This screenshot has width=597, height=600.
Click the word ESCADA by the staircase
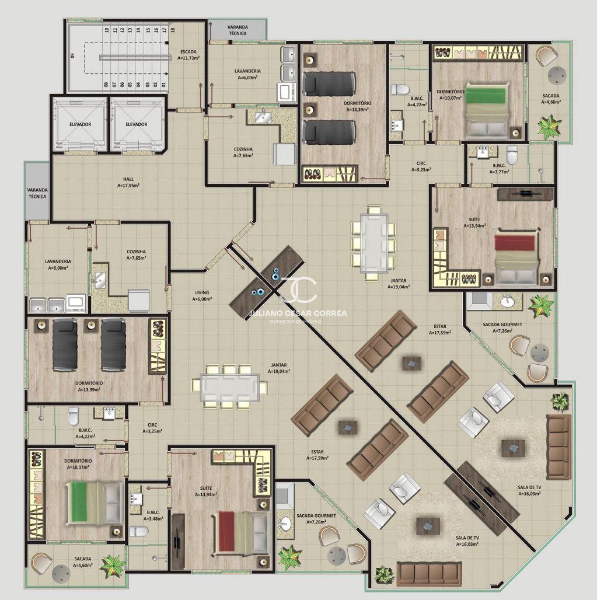(x=188, y=52)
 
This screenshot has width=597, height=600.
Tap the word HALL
(x=128, y=179)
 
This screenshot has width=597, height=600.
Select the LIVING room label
(x=202, y=293)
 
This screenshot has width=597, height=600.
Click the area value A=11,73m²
(x=188, y=58)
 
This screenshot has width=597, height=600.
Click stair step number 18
(x=173, y=29)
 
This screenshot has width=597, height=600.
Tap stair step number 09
(x=73, y=55)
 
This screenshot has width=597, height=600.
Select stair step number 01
(x=164, y=85)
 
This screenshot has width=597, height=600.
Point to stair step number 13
(x=130, y=29)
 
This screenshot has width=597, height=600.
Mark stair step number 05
(x=131, y=85)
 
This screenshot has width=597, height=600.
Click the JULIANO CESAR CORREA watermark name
(x=298, y=313)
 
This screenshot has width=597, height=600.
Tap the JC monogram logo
(x=299, y=289)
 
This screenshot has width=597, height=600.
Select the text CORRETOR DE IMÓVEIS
(x=296, y=322)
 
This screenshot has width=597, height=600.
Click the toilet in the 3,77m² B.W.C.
(x=511, y=155)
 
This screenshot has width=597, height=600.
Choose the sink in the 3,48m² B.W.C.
(x=135, y=498)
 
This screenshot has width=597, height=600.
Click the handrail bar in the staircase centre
(x=135, y=57)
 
